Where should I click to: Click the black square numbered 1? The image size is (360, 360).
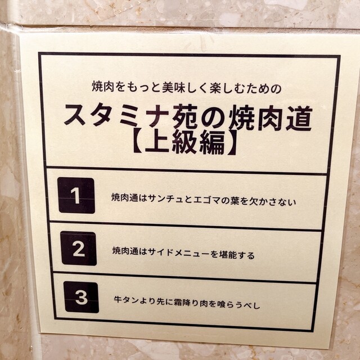click(76, 195)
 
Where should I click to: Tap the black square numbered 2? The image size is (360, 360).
click(79, 249)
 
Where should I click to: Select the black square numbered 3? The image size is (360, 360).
click(81, 297)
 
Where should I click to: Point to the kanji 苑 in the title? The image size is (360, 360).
click(185, 116)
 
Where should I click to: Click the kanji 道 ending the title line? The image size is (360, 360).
click(299, 118)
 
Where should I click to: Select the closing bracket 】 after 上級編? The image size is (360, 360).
click(232, 142)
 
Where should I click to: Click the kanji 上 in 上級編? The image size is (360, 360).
click(157, 141)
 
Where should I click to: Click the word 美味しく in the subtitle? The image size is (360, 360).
click(185, 88)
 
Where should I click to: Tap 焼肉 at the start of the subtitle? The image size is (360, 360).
click(103, 86)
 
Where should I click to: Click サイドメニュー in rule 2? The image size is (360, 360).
click(179, 253)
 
